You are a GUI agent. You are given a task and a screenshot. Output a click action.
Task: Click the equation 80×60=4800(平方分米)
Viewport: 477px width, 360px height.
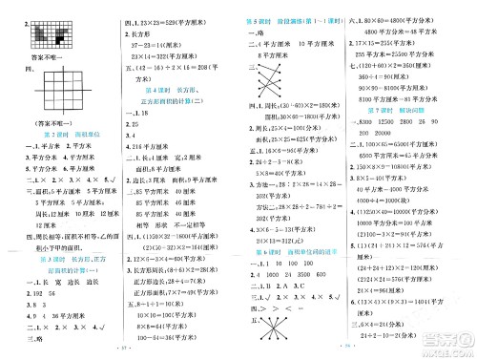(410, 19)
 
